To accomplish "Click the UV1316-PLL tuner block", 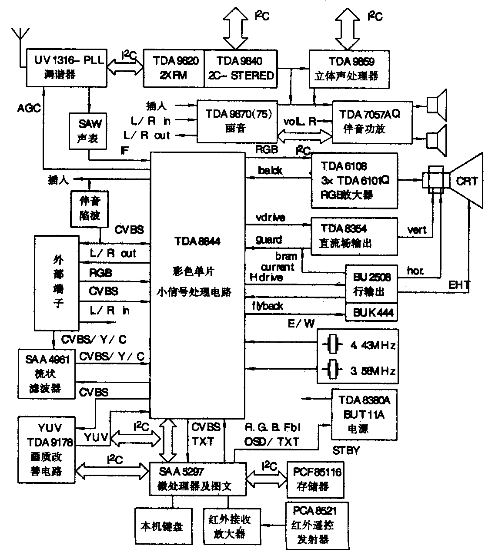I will click(66, 67).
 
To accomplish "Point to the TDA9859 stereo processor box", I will click(348, 68).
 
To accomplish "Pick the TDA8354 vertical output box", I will click(354, 236).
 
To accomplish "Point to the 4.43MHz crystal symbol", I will click(333, 345).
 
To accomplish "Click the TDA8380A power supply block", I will click(364, 414).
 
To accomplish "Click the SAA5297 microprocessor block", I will click(197, 479).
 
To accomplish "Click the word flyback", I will click(268, 306).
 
